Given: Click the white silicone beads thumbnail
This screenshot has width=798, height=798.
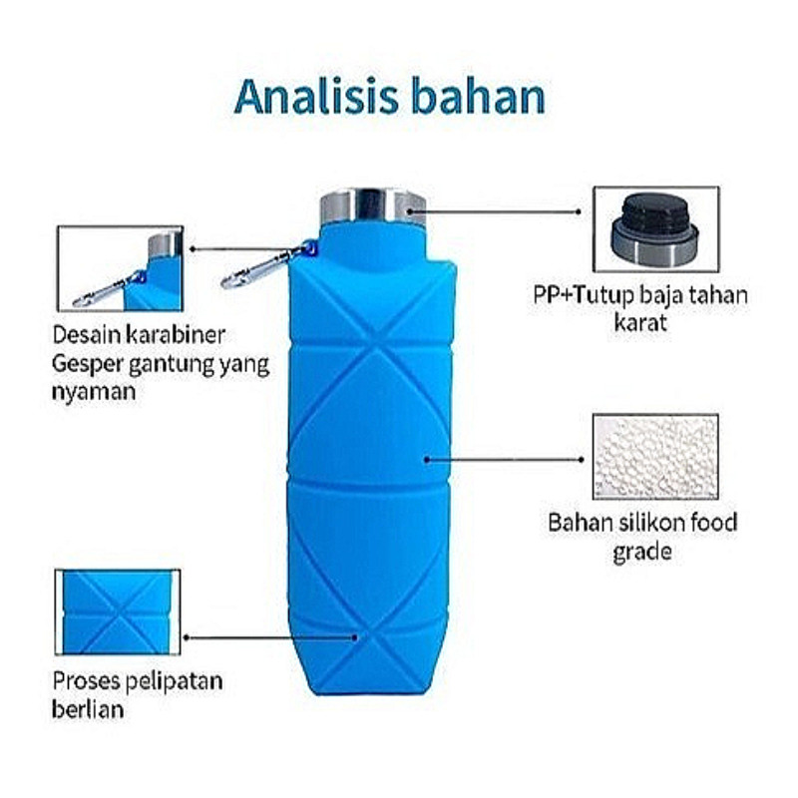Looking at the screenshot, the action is click(x=654, y=456).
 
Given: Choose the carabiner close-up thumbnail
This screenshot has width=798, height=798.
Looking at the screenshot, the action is click(x=120, y=267).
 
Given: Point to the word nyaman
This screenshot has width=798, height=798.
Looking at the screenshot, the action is click(x=92, y=392).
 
